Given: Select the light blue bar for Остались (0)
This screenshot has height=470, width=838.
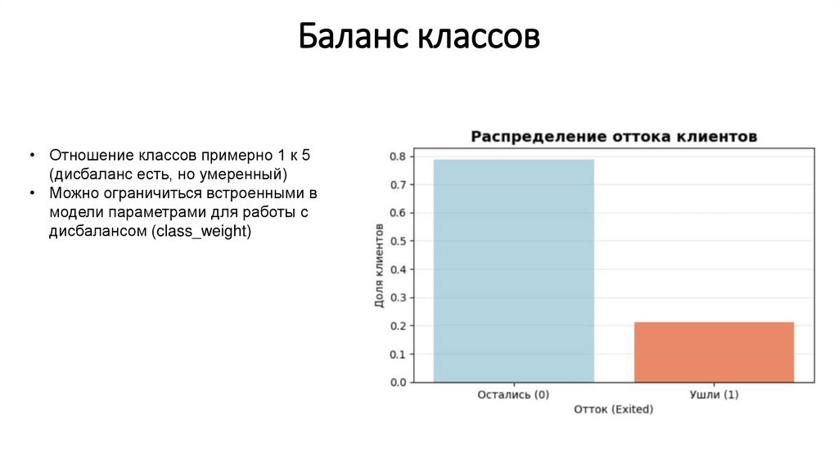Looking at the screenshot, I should (513, 270).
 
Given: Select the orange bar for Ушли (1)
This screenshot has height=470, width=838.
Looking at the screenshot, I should (714, 352).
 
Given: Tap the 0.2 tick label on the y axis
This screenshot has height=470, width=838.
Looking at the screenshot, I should (399, 326).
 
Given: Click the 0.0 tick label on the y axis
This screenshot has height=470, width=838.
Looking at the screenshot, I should (399, 382).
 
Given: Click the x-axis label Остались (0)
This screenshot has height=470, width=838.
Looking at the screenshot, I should (513, 395).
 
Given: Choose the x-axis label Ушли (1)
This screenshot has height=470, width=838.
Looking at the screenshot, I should (714, 395).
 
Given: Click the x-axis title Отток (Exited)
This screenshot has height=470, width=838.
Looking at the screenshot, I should (614, 409).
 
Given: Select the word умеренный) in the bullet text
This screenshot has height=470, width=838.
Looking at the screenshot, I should (246, 174).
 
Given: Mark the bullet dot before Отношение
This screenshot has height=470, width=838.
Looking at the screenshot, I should (31, 156).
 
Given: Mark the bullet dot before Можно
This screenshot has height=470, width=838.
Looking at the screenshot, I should (31, 194).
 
